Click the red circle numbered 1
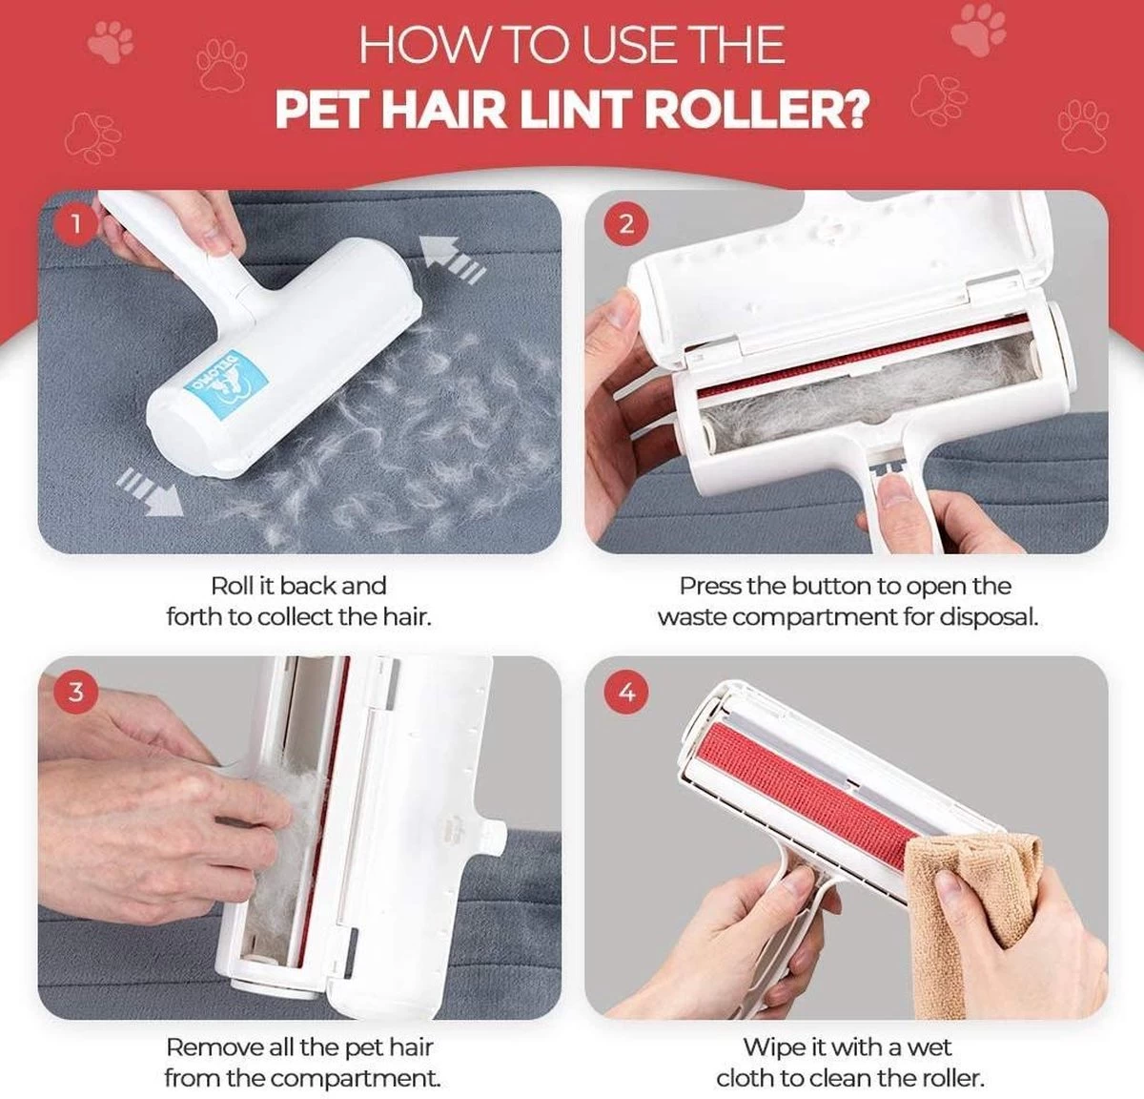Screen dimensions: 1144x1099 click(75, 224)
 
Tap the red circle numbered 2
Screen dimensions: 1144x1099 click(626, 224)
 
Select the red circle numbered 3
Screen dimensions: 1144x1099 click(75, 693)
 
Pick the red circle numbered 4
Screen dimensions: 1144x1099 click(626, 693)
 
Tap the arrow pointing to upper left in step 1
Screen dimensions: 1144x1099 click(452, 259)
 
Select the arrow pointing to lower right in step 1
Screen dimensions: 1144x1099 click(150, 492)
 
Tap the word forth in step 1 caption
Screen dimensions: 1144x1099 click(193, 617)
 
